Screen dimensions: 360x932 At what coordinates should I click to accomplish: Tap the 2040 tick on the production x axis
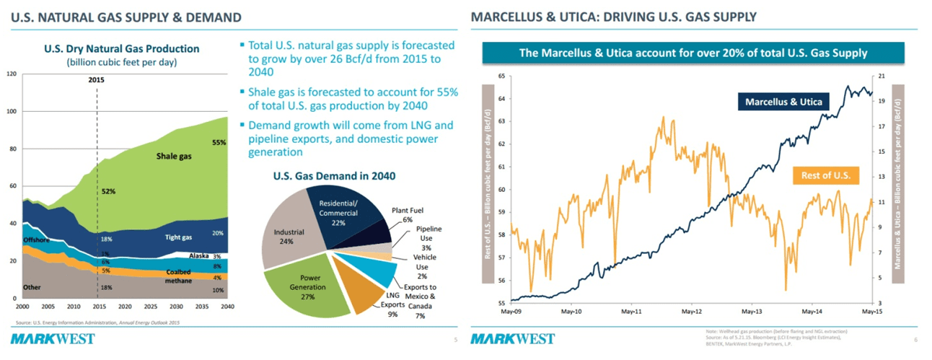pyautogui.click(x=227, y=306)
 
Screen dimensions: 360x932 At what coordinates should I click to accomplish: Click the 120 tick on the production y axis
pyautogui.click(x=12, y=74)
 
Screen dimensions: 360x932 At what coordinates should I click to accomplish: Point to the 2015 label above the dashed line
pyautogui.click(x=97, y=80)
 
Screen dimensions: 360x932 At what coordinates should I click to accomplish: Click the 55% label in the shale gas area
pyautogui.click(x=219, y=143)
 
